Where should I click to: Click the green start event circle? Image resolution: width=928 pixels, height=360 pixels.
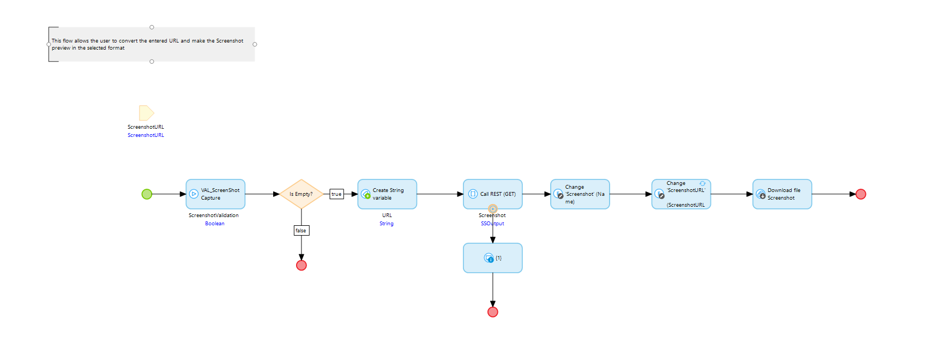(x=147, y=194)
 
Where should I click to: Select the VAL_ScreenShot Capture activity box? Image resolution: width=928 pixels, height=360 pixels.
(x=215, y=194)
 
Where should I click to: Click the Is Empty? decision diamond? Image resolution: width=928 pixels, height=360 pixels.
(x=301, y=194)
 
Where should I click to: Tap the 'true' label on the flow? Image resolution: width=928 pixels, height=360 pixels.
(x=336, y=194)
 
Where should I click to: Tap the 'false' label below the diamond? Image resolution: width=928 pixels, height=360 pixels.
(x=301, y=231)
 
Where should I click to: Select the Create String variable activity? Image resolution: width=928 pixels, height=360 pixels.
(x=387, y=194)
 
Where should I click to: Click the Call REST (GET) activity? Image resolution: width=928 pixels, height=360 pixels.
(x=493, y=194)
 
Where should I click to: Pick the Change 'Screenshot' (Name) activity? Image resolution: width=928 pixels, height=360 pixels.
(x=580, y=194)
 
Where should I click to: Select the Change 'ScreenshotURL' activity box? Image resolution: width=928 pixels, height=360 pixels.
(x=681, y=194)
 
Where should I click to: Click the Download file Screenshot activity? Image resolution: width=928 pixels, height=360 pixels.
(x=782, y=194)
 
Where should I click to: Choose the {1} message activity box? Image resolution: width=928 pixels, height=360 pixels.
(x=493, y=258)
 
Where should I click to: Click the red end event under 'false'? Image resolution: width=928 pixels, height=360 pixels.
(x=302, y=266)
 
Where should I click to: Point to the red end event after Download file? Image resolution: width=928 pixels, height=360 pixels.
(x=861, y=194)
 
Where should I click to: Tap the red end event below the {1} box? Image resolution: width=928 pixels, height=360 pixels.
(x=493, y=312)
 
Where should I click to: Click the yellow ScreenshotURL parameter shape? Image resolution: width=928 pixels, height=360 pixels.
(x=146, y=113)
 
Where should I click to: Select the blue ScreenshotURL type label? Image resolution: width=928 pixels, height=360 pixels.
(x=146, y=135)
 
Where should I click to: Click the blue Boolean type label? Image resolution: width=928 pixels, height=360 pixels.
(x=215, y=224)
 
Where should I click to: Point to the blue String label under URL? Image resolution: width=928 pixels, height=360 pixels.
(x=387, y=224)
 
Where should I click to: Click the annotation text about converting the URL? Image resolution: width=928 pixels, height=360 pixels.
(x=147, y=44)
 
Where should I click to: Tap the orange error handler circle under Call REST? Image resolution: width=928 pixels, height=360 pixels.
(x=493, y=209)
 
